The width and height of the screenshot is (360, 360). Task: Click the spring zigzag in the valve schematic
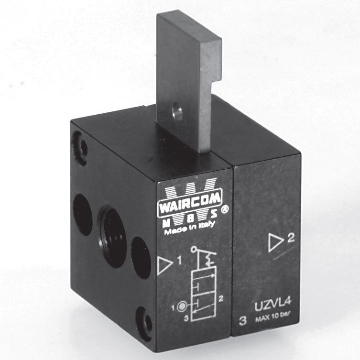click(208, 259)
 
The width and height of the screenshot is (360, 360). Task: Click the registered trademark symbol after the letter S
click(219, 221)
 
